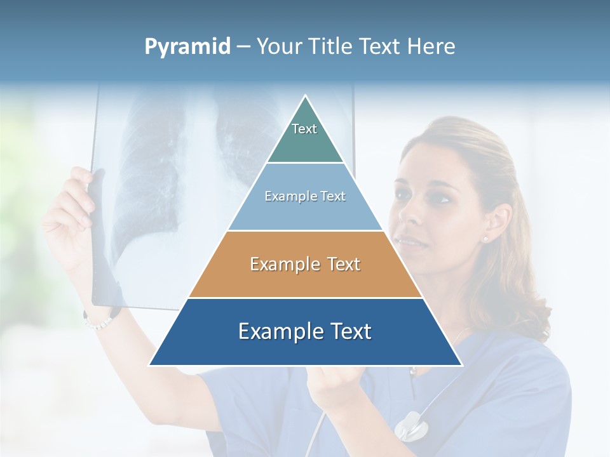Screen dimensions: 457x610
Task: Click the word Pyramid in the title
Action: [187, 47]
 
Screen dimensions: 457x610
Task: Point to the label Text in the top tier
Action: [304, 129]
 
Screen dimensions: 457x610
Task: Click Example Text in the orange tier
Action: [305, 264]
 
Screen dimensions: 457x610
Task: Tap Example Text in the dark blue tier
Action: [305, 331]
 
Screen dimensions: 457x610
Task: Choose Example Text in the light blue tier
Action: [305, 196]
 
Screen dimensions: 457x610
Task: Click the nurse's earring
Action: [484, 239]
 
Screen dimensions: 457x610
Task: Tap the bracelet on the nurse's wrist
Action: [97, 324]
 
